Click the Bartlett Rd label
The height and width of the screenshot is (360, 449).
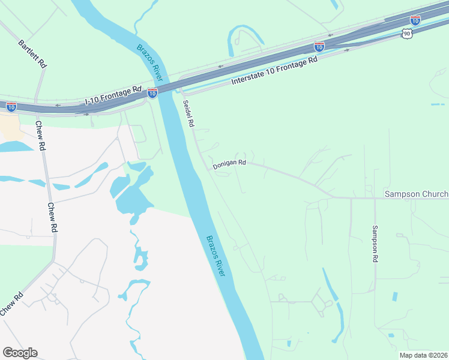(x=32, y=54)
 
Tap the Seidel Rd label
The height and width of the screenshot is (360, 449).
(x=188, y=113)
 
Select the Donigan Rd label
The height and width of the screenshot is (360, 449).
(x=229, y=163)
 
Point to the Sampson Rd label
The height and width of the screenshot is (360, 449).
(x=375, y=243)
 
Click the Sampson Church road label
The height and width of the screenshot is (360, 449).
(x=416, y=194)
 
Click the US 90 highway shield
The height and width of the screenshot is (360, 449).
(x=408, y=34)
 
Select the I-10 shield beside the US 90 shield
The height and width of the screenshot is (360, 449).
(x=415, y=20)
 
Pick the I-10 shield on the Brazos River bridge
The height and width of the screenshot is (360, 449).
(x=152, y=93)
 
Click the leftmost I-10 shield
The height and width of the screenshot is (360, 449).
(x=11, y=107)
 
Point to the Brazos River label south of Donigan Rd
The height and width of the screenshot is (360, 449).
(x=215, y=255)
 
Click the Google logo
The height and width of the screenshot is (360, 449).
(x=20, y=353)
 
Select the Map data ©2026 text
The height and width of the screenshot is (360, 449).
(x=423, y=355)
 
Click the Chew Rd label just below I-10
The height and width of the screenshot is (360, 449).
(x=40, y=136)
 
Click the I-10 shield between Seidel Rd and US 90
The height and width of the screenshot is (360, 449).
(x=319, y=46)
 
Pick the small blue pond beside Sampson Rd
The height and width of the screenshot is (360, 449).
(x=394, y=296)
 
